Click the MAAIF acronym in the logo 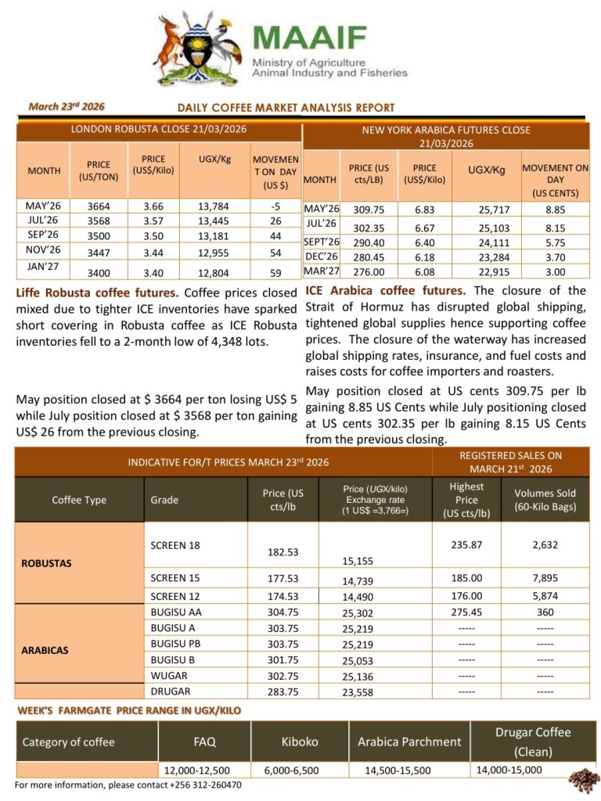(310, 38)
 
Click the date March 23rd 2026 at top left (67, 106)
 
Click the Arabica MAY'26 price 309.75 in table (370, 210)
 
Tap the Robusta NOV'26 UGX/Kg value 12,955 (207, 251)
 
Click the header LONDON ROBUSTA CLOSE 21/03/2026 (159, 129)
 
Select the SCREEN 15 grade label (175, 578)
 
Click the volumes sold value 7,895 (545, 578)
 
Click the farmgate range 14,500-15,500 (398, 770)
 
